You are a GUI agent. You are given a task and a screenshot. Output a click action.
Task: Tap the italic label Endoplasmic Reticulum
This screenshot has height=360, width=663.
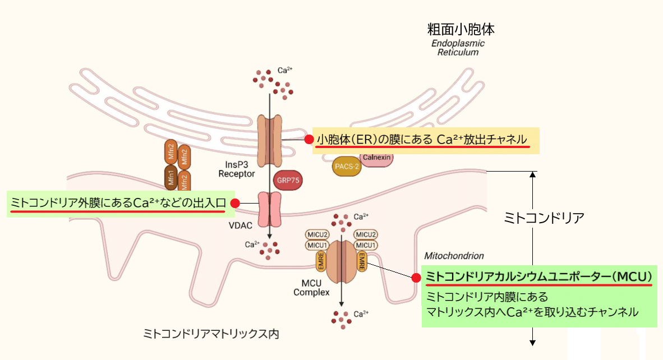point(458,48)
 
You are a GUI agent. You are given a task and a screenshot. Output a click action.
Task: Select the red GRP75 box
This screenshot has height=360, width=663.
point(287,181)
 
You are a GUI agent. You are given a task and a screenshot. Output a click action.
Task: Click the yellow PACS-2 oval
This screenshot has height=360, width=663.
point(346,167)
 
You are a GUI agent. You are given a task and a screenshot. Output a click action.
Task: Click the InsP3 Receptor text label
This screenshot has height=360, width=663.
point(236,169)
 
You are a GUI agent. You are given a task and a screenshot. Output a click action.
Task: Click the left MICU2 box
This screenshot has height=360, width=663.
point(318,234)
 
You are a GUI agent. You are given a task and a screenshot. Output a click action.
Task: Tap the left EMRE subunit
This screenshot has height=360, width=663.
point(322,262)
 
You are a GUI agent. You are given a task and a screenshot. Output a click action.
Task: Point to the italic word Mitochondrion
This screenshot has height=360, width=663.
point(454,256)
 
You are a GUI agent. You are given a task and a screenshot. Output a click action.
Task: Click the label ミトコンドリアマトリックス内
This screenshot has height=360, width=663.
point(211,334)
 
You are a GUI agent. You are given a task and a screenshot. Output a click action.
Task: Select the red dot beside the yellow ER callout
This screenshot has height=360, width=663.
point(308,139)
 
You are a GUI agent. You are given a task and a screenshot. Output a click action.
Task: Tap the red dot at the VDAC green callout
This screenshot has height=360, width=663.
point(236,204)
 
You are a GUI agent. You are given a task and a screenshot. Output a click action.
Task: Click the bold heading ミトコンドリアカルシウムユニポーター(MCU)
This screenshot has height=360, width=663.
point(538,276)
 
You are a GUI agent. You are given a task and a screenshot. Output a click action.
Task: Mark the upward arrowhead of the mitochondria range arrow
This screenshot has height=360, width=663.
point(533,175)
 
